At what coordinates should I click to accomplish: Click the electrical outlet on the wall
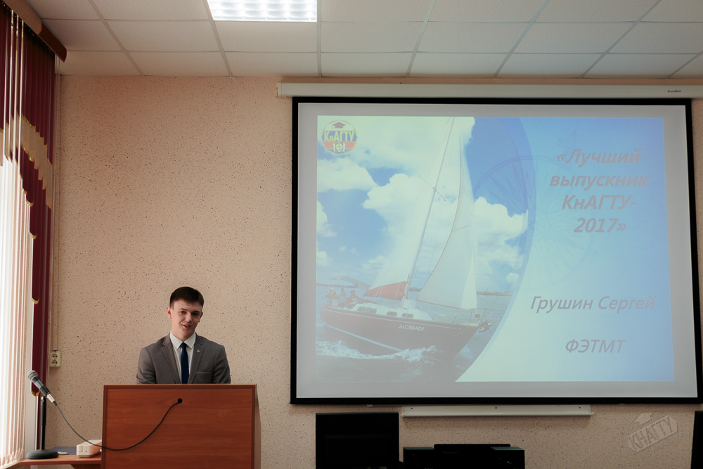coord(55,358)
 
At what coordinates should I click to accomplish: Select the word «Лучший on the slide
coord(598,158)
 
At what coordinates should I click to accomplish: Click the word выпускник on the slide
coord(599,180)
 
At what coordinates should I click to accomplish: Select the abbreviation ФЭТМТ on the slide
coord(595,346)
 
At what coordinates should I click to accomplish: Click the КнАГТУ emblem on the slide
coord(340,137)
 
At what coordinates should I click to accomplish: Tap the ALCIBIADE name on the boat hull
coord(411,328)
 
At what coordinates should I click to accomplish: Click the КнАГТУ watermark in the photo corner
coord(652,432)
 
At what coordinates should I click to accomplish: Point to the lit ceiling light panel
coord(262,10)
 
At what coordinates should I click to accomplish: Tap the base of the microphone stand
coord(41,454)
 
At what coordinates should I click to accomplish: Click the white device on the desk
coord(89,448)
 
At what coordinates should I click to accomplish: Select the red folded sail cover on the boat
coord(385,290)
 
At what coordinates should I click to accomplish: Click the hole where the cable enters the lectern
coord(180,400)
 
